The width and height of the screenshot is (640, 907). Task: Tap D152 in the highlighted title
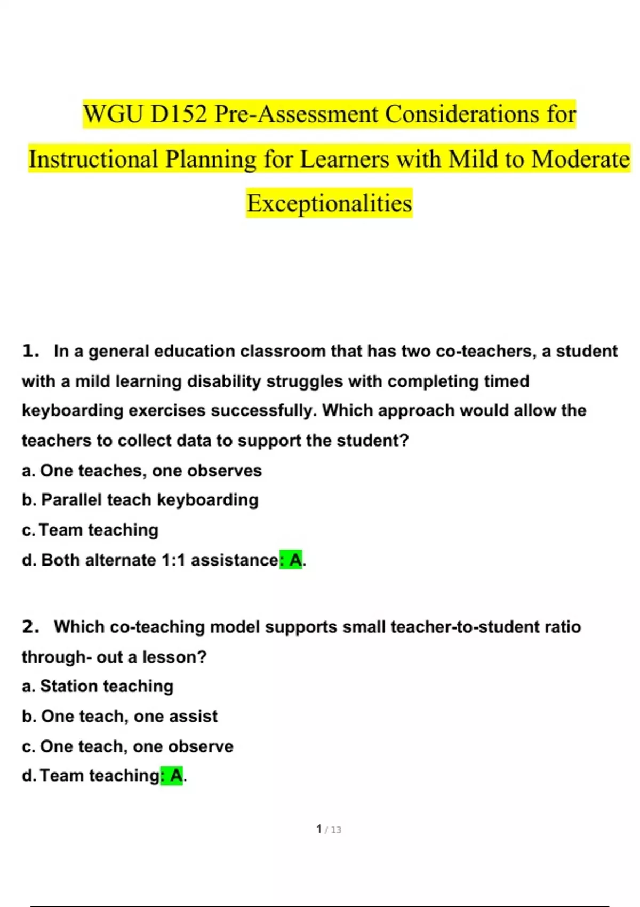179,114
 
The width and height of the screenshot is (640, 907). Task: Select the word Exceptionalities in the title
329,203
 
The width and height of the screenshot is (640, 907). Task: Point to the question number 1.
30,351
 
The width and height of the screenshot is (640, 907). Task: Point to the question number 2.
30,626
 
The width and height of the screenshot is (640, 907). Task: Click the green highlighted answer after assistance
291,560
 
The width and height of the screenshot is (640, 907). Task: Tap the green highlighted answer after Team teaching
172,775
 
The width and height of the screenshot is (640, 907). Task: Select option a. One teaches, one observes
142,471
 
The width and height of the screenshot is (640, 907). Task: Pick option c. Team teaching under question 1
90,530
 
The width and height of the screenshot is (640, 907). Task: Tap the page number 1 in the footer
319,829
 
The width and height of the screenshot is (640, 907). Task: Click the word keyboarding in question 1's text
72,410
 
